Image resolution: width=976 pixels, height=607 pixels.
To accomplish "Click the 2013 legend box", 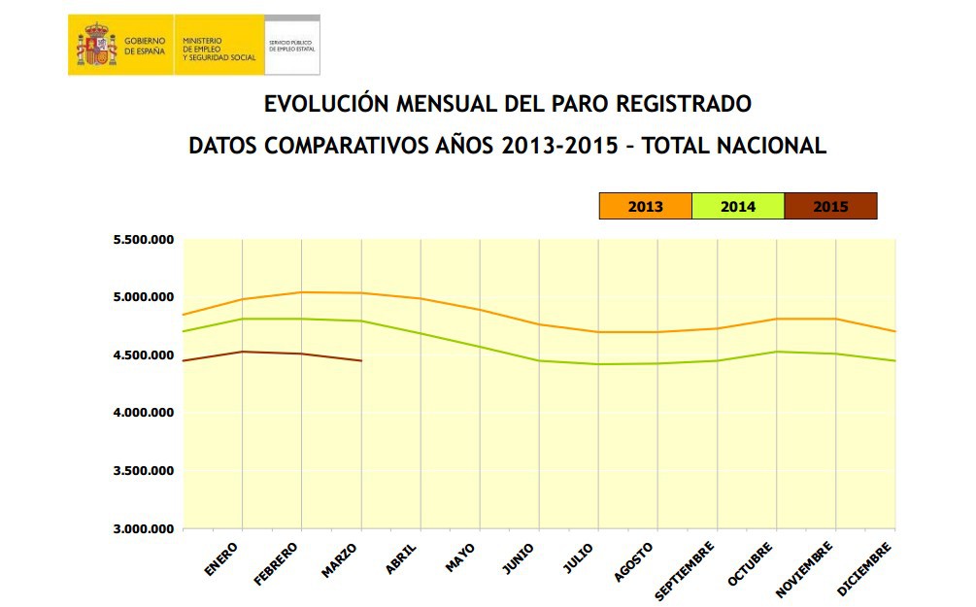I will pyautogui.click(x=646, y=206).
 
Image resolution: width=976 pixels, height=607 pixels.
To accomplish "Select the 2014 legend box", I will pyautogui.click(x=738, y=206).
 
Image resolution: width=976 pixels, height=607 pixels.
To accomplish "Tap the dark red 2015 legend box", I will pyautogui.click(x=830, y=206).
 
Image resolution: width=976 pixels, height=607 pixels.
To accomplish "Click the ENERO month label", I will pyautogui.click(x=221, y=560).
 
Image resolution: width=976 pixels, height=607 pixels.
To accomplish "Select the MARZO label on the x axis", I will pyautogui.click(x=339, y=561).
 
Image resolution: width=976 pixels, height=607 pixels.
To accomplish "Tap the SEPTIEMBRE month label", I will pyautogui.click(x=685, y=570).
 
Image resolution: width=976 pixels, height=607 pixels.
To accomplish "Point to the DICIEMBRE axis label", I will pyautogui.click(x=863, y=569).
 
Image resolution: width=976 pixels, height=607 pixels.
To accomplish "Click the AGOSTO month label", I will pyautogui.click(x=632, y=563).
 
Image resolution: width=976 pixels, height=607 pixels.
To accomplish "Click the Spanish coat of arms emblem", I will pyautogui.click(x=96, y=45).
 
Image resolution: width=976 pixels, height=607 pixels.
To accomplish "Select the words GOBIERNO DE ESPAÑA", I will pyautogui.click(x=145, y=45).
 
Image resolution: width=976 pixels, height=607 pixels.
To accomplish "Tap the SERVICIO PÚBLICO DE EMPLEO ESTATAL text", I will pyautogui.click(x=292, y=45).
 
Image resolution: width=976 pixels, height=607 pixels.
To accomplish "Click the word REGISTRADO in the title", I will pyautogui.click(x=684, y=103).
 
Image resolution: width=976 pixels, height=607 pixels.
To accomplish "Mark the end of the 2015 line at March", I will pyautogui.click(x=361, y=361).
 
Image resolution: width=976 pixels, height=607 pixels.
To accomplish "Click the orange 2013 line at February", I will pyautogui.click(x=301, y=292).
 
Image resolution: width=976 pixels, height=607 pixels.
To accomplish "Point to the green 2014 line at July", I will pyautogui.click(x=598, y=364).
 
